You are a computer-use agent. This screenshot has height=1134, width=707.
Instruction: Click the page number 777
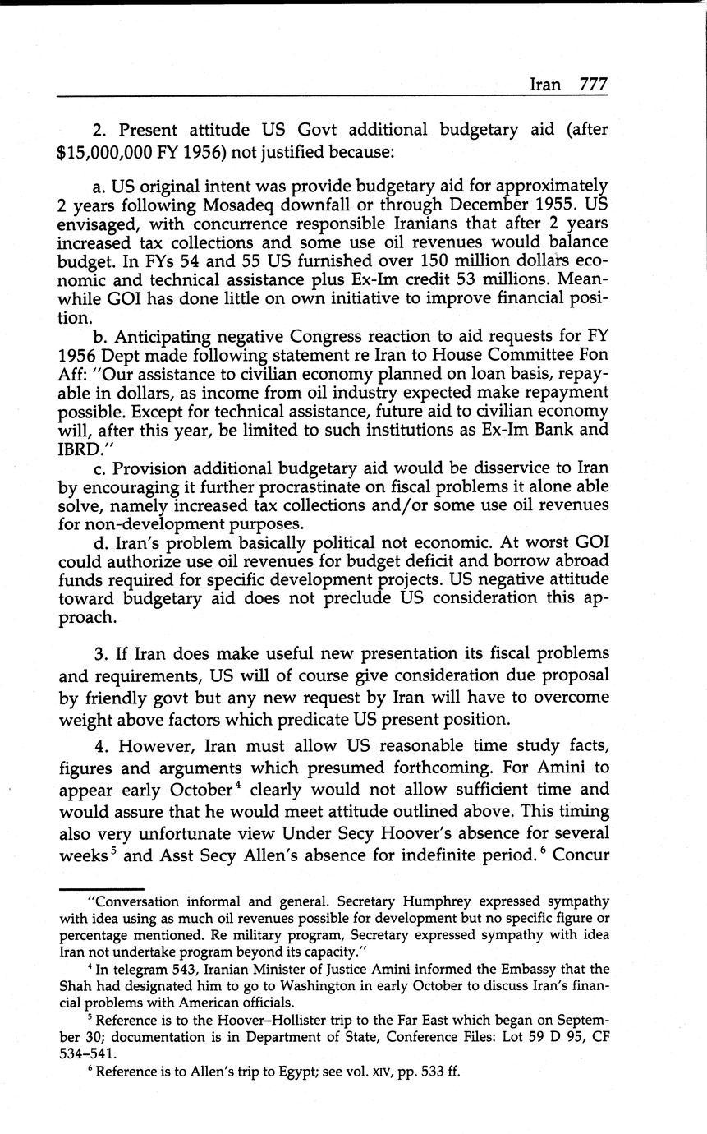[x=593, y=84]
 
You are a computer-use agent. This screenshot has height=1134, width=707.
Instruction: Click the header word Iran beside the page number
[x=546, y=84]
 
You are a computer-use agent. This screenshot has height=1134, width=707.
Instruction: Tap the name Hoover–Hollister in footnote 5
[x=250, y=1020]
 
